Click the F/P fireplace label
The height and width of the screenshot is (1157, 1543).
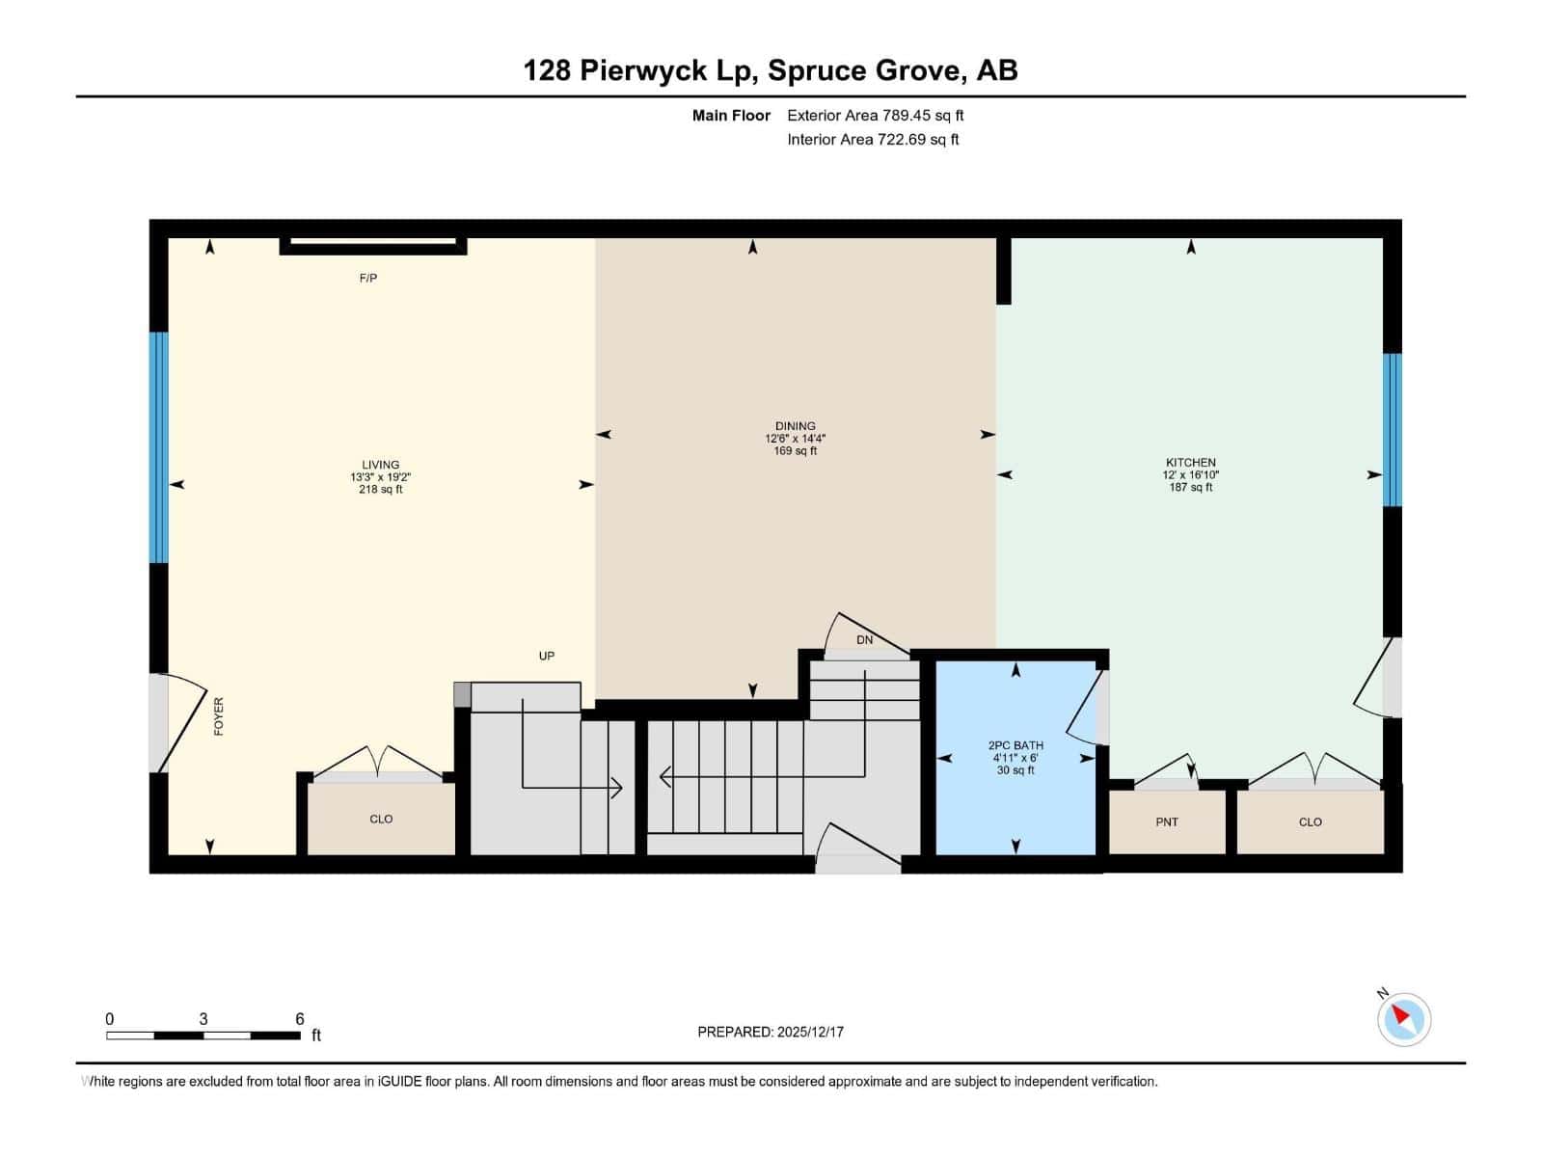pos(367,278)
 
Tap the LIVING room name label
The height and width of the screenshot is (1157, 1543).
pos(380,465)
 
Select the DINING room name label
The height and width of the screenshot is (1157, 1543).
pos(795,426)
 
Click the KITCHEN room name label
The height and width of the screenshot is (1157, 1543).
pos(1190,463)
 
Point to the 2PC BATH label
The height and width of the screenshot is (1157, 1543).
pos(1015,745)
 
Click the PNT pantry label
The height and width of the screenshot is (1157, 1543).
pos(1167,821)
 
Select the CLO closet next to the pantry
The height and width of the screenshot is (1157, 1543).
pos(1310,821)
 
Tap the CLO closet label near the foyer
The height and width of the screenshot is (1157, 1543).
pos(381,819)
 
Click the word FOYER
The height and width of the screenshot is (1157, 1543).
pos(219,716)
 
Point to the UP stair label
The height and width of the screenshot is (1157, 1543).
pos(547,656)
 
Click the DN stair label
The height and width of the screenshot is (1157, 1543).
pos(864,640)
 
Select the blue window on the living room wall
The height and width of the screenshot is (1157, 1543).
pos(158,447)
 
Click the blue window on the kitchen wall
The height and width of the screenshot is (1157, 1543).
pos(1392,430)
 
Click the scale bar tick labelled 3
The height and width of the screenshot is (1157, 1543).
pos(203,1019)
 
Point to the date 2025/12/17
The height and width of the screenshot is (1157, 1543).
pos(810,1032)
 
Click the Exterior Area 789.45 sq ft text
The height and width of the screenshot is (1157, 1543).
pos(875,116)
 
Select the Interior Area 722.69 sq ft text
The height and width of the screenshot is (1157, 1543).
pos(873,140)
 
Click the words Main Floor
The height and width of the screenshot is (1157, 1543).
pos(731,116)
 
